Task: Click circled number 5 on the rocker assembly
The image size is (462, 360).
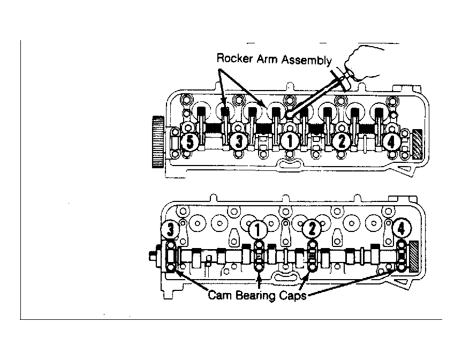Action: [190, 141]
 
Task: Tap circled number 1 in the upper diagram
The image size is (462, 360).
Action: [290, 141]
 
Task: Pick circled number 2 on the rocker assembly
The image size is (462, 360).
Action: [341, 141]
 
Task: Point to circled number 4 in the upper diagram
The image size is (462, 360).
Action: [391, 142]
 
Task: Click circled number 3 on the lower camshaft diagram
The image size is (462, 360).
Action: [170, 229]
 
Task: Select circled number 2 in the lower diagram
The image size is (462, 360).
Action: [312, 229]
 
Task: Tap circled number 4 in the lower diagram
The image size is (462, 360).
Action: [401, 228]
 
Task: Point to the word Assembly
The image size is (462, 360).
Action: [306, 60]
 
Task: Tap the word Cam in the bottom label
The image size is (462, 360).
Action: [220, 295]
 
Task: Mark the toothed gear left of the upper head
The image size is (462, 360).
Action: [158, 142]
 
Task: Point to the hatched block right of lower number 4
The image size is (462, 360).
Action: [414, 256]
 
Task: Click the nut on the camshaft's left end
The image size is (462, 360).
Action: [154, 257]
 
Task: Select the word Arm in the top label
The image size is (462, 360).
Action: [267, 59]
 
